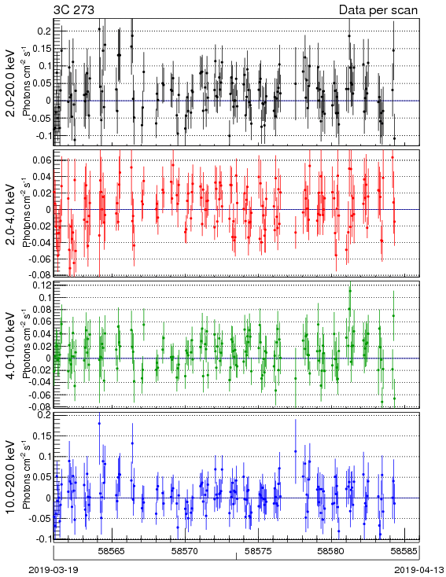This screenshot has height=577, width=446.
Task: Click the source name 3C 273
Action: click(x=74, y=9)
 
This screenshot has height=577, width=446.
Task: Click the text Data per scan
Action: click(x=378, y=10)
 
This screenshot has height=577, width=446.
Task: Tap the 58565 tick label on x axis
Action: click(x=112, y=551)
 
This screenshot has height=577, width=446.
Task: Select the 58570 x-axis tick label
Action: click(x=185, y=551)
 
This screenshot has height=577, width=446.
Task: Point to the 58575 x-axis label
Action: click(x=259, y=551)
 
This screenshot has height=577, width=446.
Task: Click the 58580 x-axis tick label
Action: click(x=331, y=551)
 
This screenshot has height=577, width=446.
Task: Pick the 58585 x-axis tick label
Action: click(x=404, y=551)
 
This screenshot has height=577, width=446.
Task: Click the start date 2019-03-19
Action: click(x=53, y=570)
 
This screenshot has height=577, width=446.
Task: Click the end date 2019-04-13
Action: click(x=418, y=570)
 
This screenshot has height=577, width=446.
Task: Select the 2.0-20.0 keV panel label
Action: click(x=11, y=83)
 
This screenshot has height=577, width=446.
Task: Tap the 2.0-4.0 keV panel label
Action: click(x=11, y=215)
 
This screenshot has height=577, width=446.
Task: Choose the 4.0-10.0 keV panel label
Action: click(x=11, y=346)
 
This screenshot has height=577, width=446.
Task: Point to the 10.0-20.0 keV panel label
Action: click(x=11, y=477)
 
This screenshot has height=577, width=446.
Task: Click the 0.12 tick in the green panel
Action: click(x=42, y=285)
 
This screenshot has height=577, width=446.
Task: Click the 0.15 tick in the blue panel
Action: click(x=42, y=436)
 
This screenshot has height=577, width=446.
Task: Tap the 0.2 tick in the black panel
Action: click(x=44, y=31)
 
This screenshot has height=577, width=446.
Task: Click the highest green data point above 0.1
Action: click(x=350, y=291)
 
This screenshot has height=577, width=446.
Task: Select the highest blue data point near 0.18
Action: click(x=99, y=423)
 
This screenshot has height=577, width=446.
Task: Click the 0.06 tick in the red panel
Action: click(x=42, y=160)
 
